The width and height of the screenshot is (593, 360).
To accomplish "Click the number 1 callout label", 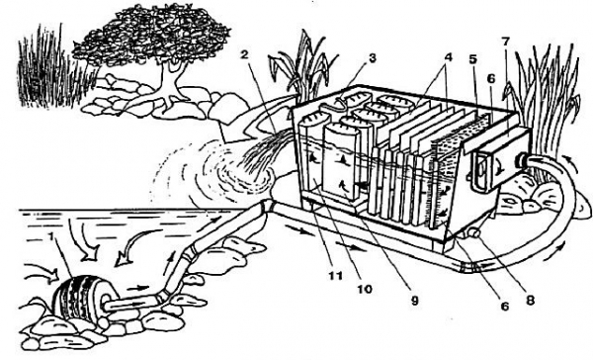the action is click(50, 237).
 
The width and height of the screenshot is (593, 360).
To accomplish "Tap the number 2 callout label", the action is click(245, 54).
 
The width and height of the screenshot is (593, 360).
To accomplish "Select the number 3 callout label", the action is click(373, 58).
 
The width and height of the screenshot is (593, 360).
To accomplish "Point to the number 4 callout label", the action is click(448, 57).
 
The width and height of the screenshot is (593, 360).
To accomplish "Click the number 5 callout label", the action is click(473, 59).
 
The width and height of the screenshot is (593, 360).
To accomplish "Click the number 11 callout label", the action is click(336, 275).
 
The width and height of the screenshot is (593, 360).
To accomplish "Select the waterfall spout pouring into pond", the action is click(265, 155).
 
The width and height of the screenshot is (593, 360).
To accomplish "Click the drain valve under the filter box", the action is click(473, 232).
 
